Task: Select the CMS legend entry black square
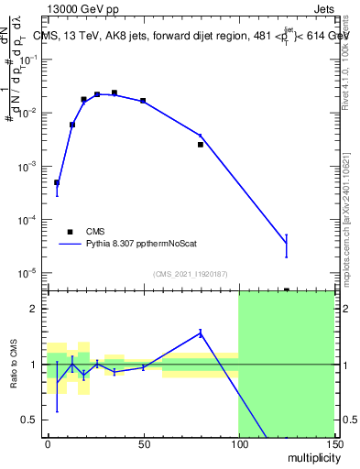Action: click(x=70, y=232)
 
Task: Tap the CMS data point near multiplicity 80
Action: click(x=201, y=145)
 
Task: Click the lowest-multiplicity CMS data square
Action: click(x=57, y=182)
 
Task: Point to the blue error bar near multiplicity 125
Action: click(x=287, y=245)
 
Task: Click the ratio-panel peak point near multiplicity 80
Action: click(x=201, y=333)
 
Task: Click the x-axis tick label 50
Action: click(x=143, y=444)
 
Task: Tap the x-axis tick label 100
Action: click(x=238, y=444)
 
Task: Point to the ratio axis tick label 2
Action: click(x=34, y=309)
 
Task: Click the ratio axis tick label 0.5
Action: click(x=30, y=420)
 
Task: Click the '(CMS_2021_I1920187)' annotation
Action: click(x=190, y=274)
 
